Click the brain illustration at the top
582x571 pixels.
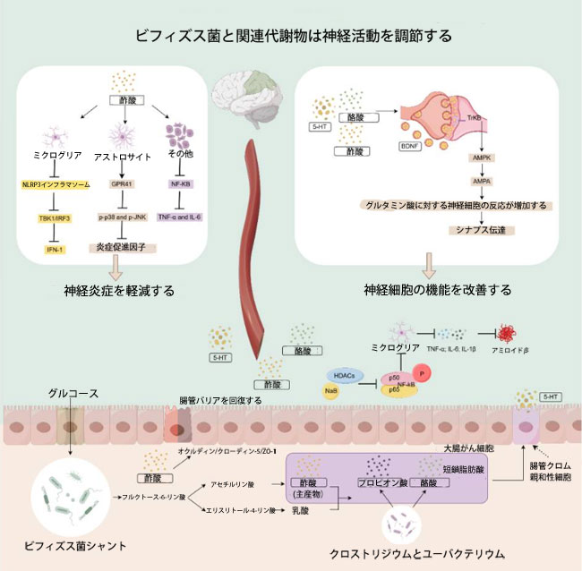pos(243,104)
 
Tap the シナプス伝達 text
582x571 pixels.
pos(463,231)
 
